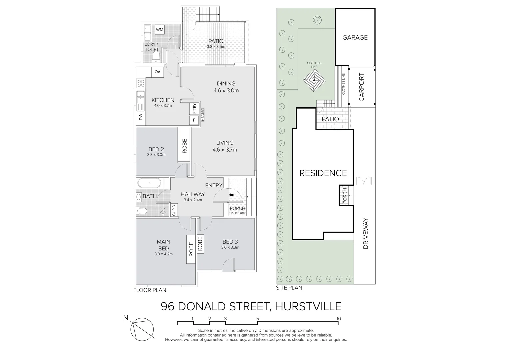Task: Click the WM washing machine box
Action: (160, 30)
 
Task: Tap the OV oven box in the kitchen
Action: (157, 72)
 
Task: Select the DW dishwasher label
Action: (141, 117)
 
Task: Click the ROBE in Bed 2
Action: (184, 146)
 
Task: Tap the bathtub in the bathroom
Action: (149, 183)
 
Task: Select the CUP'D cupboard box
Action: (174, 210)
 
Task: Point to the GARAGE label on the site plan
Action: (355, 37)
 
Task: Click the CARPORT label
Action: (362, 87)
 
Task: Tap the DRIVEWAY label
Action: (365, 234)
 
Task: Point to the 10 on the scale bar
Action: (339, 319)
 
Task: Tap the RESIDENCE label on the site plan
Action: (323, 173)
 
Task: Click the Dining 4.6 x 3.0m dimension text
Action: (226, 90)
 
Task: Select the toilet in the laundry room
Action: (156, 57)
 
